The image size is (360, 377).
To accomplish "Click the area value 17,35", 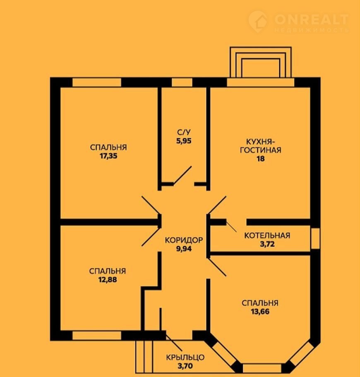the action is pos(108,156).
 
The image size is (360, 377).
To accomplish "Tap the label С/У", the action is pos(184,132).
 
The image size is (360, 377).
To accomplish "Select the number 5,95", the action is pos(184,141).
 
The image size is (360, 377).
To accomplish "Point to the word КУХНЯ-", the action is pos(261,141).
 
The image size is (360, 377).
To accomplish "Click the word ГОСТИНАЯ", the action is pos(261,150).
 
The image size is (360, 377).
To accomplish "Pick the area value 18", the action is pos(261,159).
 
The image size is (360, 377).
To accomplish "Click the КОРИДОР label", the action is pos(184,240).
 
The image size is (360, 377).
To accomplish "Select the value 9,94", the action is pos(184,249).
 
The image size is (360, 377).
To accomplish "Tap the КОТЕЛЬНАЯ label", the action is pos(267,235).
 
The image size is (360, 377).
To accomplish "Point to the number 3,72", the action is pos(267,244).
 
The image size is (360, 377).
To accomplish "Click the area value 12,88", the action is pos(107,280).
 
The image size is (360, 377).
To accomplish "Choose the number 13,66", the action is pos(260,312).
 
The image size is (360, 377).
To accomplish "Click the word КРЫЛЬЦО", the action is pos(185,357).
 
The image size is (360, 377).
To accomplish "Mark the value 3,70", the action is pos(185,366).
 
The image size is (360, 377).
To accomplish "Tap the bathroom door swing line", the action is pos(182,176).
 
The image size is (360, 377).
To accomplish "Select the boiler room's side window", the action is pos(315,239).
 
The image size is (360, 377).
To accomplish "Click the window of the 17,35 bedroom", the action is pos(97,82).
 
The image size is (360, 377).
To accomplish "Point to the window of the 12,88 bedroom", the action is pos(97,336).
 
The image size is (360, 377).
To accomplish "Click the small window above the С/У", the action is pos(182,82).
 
